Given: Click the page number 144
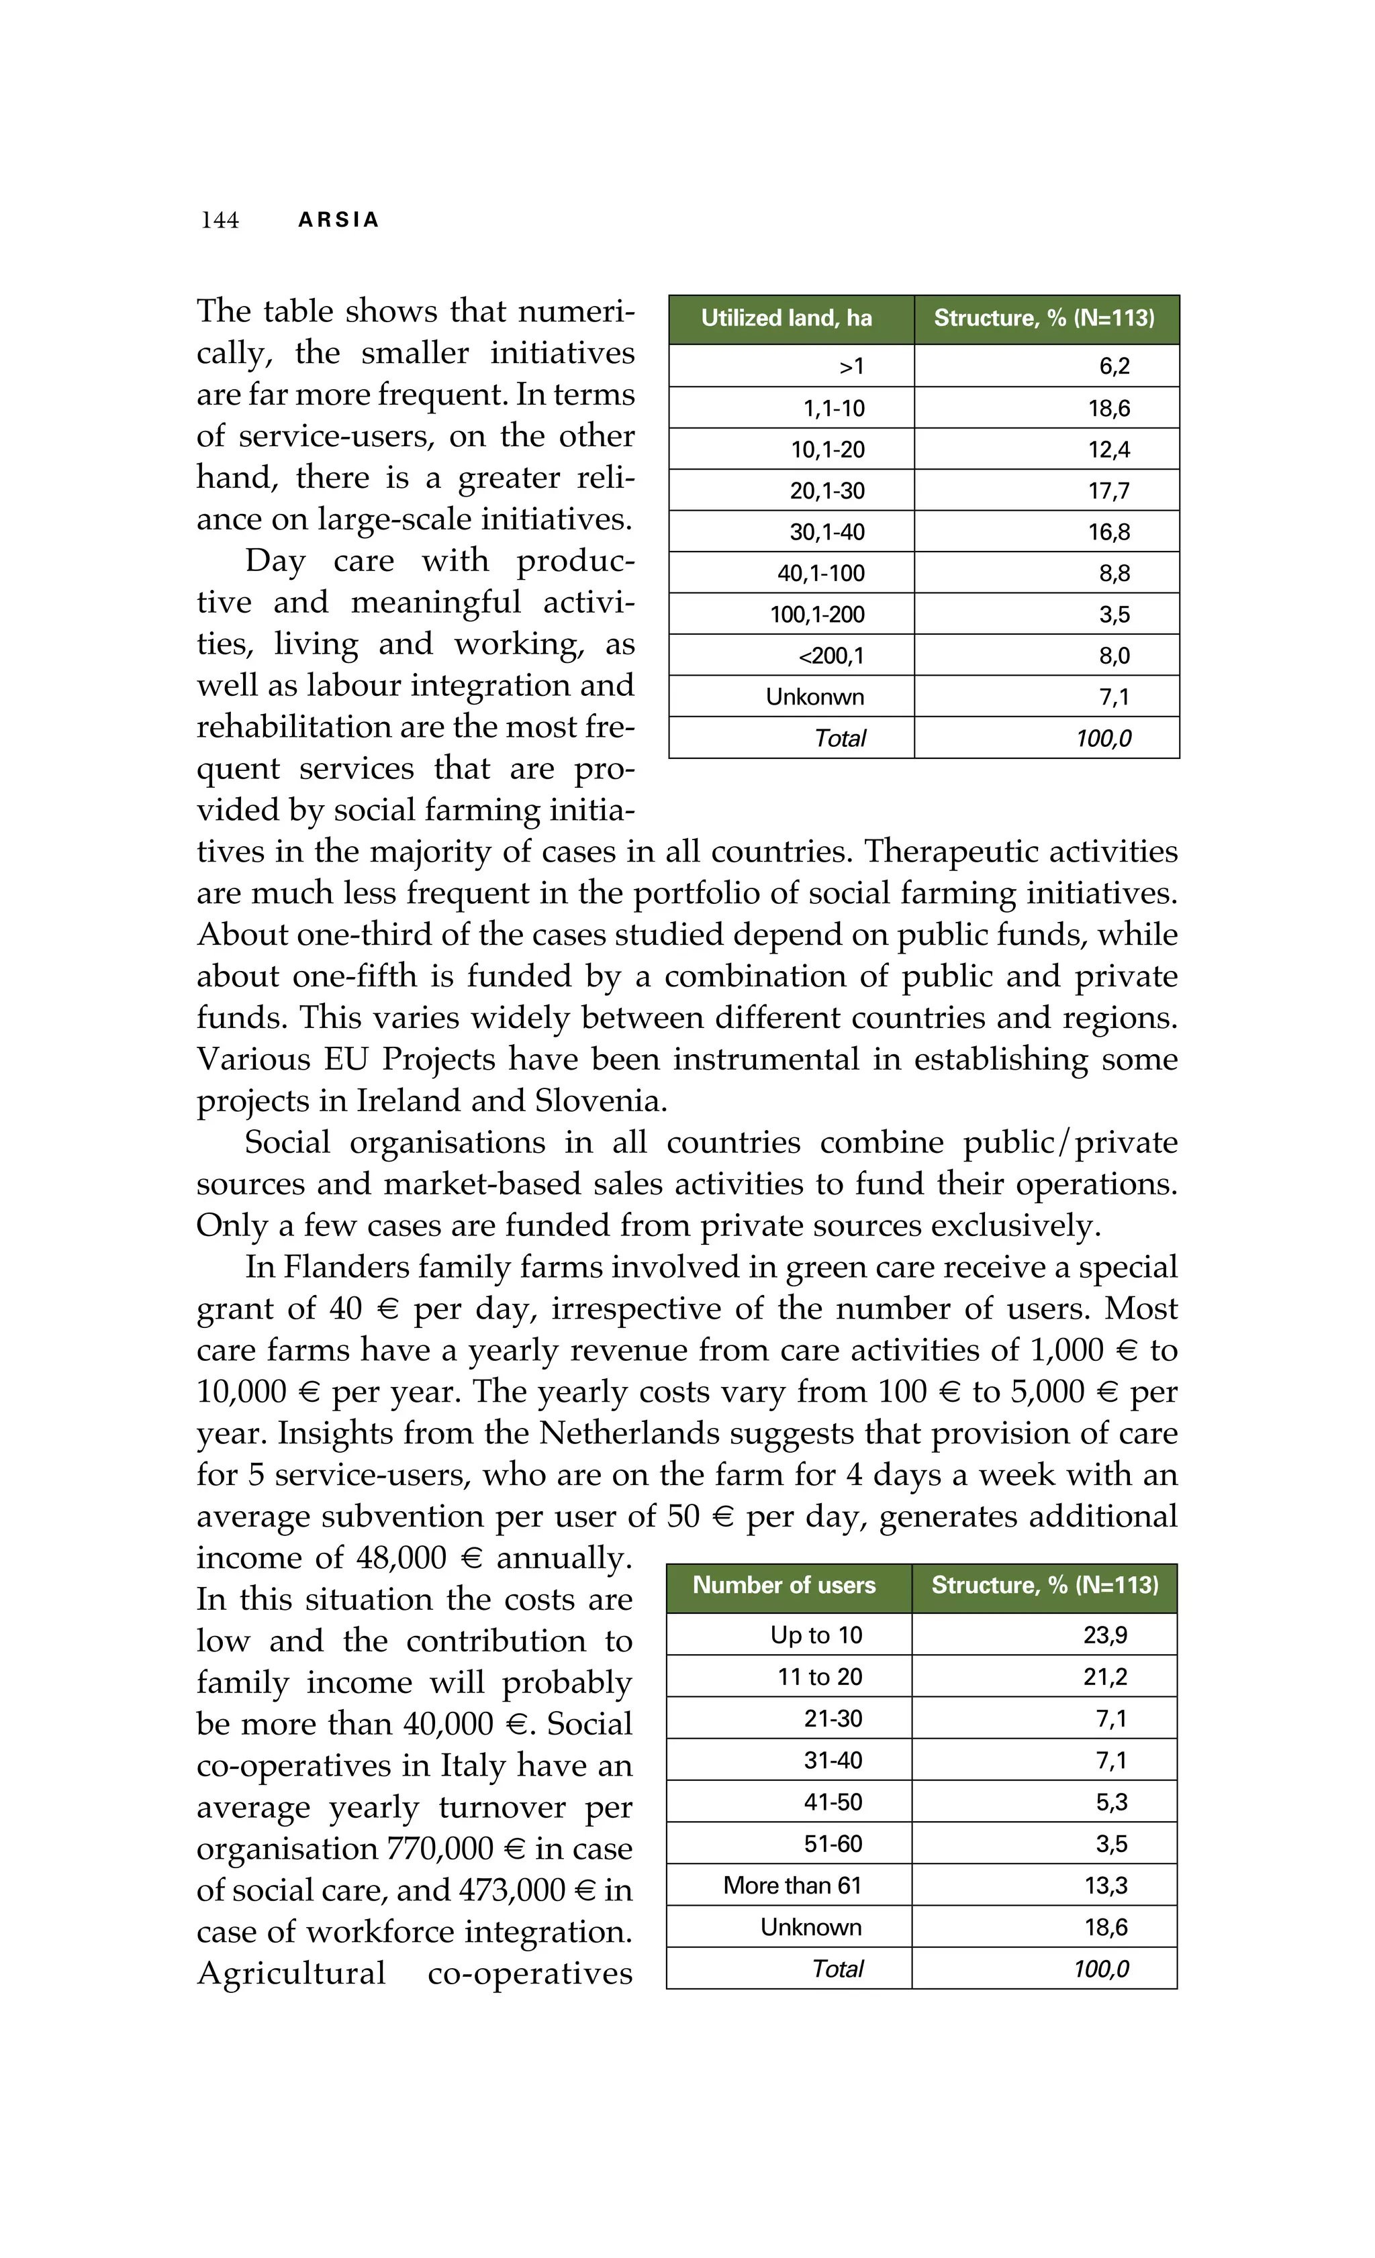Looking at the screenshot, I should (220, 220).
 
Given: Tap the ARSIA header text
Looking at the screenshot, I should (338, 220).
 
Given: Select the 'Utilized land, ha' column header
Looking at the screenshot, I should (786, 318).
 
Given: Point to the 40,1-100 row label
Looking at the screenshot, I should (820, 574).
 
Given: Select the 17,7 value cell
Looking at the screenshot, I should (1108, 491).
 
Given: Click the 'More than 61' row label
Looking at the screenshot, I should (792, 1885).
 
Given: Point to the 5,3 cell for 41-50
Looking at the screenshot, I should (1111, 1802).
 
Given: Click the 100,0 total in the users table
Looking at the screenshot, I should (1101, 1968).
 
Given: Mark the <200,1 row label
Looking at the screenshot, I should (831, 656).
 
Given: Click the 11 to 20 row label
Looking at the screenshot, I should (820, 1676).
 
